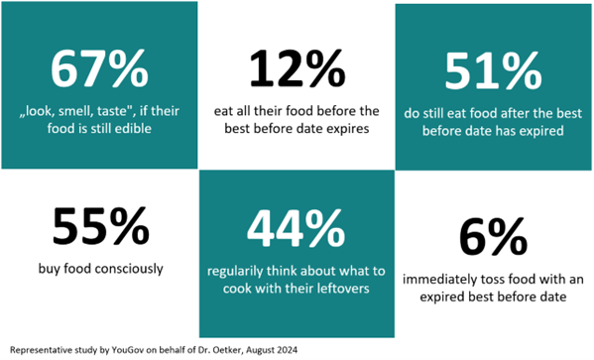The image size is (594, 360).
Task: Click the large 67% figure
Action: [99, 68]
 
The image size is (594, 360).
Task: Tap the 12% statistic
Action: [297, 68]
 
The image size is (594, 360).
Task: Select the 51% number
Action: [493, 70]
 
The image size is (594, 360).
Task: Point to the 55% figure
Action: [100, 225]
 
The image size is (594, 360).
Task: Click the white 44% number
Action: [296, 229]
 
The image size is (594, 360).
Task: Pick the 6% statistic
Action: [493, 236]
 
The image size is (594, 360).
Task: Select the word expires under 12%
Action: [347, 129]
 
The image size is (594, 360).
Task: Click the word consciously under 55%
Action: [129, 269]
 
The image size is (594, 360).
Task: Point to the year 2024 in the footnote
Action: [289, 350]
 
